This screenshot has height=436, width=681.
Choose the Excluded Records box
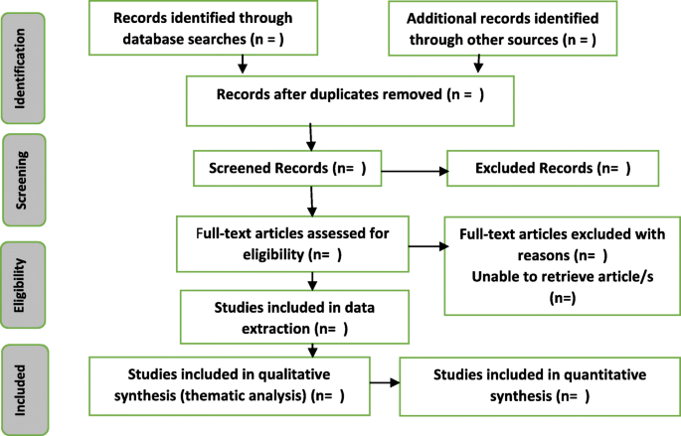(x=553, y=168)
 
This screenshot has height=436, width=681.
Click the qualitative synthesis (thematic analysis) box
(x=230, y=384)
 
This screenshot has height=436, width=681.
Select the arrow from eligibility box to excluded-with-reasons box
(x=426, y=242)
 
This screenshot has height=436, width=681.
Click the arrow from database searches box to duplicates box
(x=243, y=65)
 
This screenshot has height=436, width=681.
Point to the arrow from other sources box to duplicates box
(x=479, y=65)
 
